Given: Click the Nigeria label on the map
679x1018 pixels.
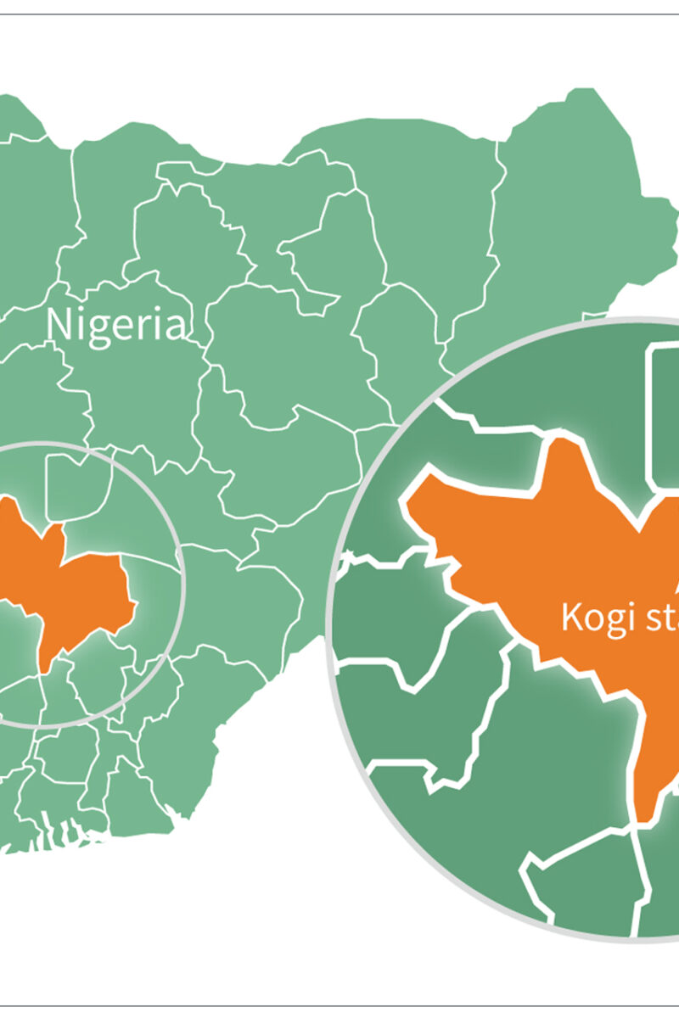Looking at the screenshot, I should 115,325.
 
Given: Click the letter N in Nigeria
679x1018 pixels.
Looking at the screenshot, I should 58,325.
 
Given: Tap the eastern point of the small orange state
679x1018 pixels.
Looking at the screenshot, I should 136,605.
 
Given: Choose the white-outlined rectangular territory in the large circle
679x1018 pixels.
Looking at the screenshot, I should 665,416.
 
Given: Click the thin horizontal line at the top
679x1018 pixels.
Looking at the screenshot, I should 339,14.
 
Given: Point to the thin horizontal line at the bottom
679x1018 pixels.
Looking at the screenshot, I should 339,1006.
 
